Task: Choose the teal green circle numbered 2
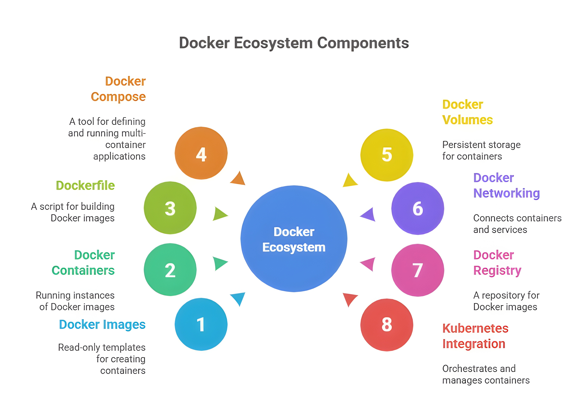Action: click(170, 270)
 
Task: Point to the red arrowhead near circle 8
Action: click(349, 299)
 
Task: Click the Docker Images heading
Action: click(102, 324)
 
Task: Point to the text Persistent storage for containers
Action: click(481, 150)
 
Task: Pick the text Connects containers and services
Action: click(517, 224)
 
